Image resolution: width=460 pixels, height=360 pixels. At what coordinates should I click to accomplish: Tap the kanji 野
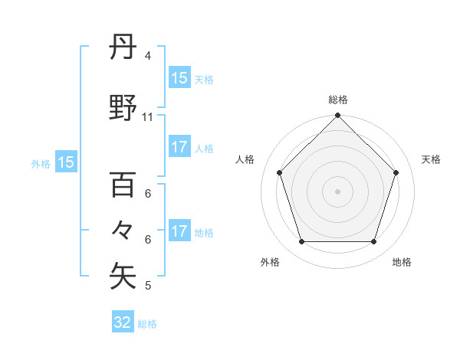point(123,108)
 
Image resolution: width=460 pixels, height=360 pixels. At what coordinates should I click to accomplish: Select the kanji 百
point(123,185)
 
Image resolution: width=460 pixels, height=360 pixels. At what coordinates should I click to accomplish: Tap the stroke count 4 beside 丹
point(147,56)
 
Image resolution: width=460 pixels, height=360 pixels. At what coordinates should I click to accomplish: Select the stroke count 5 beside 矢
point(147,286)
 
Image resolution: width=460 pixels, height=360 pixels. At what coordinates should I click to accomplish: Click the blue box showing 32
point(123,322)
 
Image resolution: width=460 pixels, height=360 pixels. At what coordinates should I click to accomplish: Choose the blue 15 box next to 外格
point(65,162)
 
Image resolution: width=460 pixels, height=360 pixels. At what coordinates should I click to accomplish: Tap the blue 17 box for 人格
point(179,148)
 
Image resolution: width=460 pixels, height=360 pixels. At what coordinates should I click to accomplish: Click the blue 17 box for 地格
point(179,232)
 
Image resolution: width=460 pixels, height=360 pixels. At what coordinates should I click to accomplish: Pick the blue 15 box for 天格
point(179,78)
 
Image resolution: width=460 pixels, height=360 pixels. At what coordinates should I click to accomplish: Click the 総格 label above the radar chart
point(337,100)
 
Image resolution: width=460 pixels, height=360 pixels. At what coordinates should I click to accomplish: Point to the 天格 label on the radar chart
point(431,159)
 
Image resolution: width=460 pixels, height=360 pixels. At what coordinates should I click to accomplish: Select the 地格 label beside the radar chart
point(402,262)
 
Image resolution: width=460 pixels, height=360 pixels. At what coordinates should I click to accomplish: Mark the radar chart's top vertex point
point(337,116)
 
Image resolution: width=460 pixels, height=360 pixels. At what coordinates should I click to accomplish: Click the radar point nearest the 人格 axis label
point(280,172)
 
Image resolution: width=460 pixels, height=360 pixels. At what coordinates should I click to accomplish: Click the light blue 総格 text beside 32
point(147,324)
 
